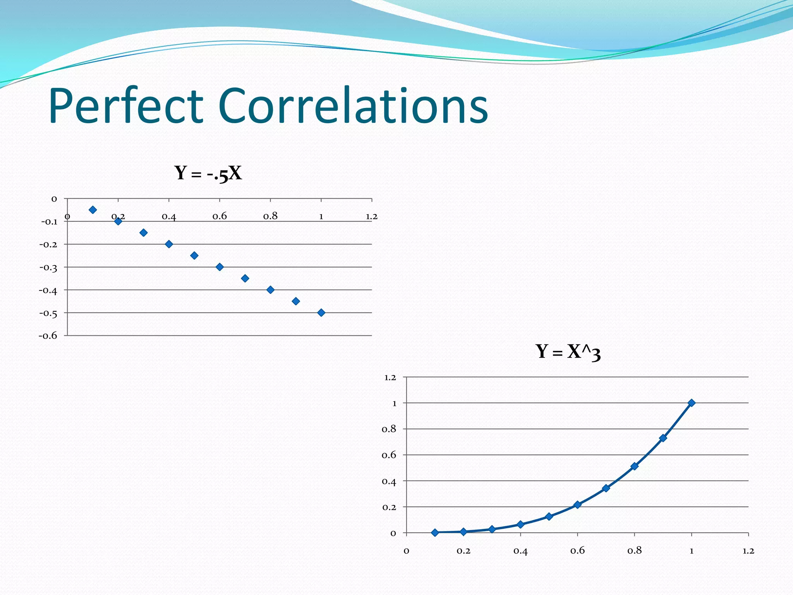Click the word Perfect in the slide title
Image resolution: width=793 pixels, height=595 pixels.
click(x=126, y=106)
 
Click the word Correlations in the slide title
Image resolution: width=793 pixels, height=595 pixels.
click(x=353, y=106)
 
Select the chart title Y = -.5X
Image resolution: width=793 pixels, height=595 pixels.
click(x=208, y=173)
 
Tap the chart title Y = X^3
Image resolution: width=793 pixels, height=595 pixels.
click(x=568, y=352)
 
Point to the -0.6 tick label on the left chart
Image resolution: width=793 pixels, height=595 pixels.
click(x=48, y=335)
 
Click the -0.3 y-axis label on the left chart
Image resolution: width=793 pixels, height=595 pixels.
click(x=48, y=267)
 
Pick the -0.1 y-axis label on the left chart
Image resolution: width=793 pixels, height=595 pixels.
click(x=49, y=222)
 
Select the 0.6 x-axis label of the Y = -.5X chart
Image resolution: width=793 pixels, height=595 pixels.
click(x=220, y=216)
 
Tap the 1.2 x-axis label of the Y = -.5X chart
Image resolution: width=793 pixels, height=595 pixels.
click(x=371, y=216)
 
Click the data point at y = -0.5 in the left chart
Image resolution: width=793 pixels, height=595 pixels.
click(x=321, y=313)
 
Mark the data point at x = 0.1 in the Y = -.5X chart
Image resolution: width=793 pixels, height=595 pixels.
click(x=93, y=210)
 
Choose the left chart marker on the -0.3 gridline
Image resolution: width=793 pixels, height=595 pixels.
click(x=220, y=267)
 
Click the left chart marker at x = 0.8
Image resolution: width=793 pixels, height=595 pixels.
click(x=270, y=290)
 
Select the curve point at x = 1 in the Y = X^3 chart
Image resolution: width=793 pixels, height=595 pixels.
click(x=692, y=403)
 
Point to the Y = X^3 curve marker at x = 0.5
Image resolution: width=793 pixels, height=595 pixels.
click(x=549, y=516)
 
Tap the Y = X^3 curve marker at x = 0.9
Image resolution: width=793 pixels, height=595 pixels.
click(x=663, y=438)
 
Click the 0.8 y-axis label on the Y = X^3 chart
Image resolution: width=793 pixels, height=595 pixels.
click(x=389, y=429)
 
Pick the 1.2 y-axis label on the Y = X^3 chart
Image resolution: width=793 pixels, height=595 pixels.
click(x=390, y=377)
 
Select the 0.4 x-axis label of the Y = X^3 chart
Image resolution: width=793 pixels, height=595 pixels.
click(x=520, y=551)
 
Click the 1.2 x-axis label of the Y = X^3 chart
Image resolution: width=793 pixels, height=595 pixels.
click(x=748, y=551)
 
